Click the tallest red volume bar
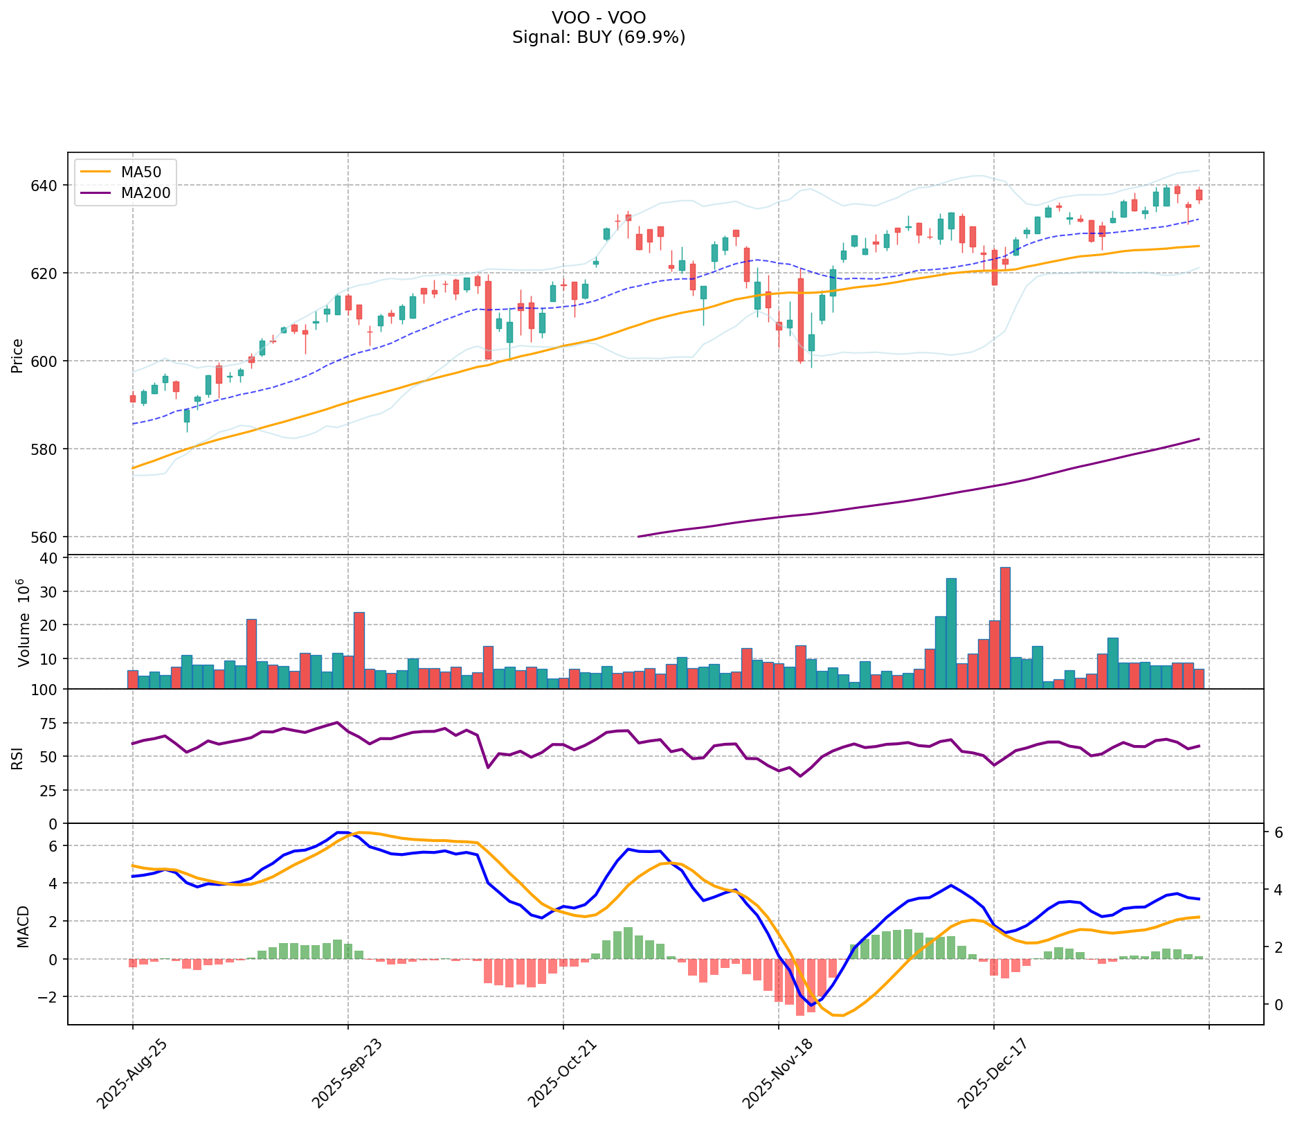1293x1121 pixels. tap(1005, 627)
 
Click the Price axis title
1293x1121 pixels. tap(18, 355)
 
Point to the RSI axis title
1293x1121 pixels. tap(18, 757)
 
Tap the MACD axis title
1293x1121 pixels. tap(24, 926)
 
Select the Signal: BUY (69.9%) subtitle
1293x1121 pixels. tap(599, 37)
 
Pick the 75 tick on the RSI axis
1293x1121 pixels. tap(51, 723)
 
